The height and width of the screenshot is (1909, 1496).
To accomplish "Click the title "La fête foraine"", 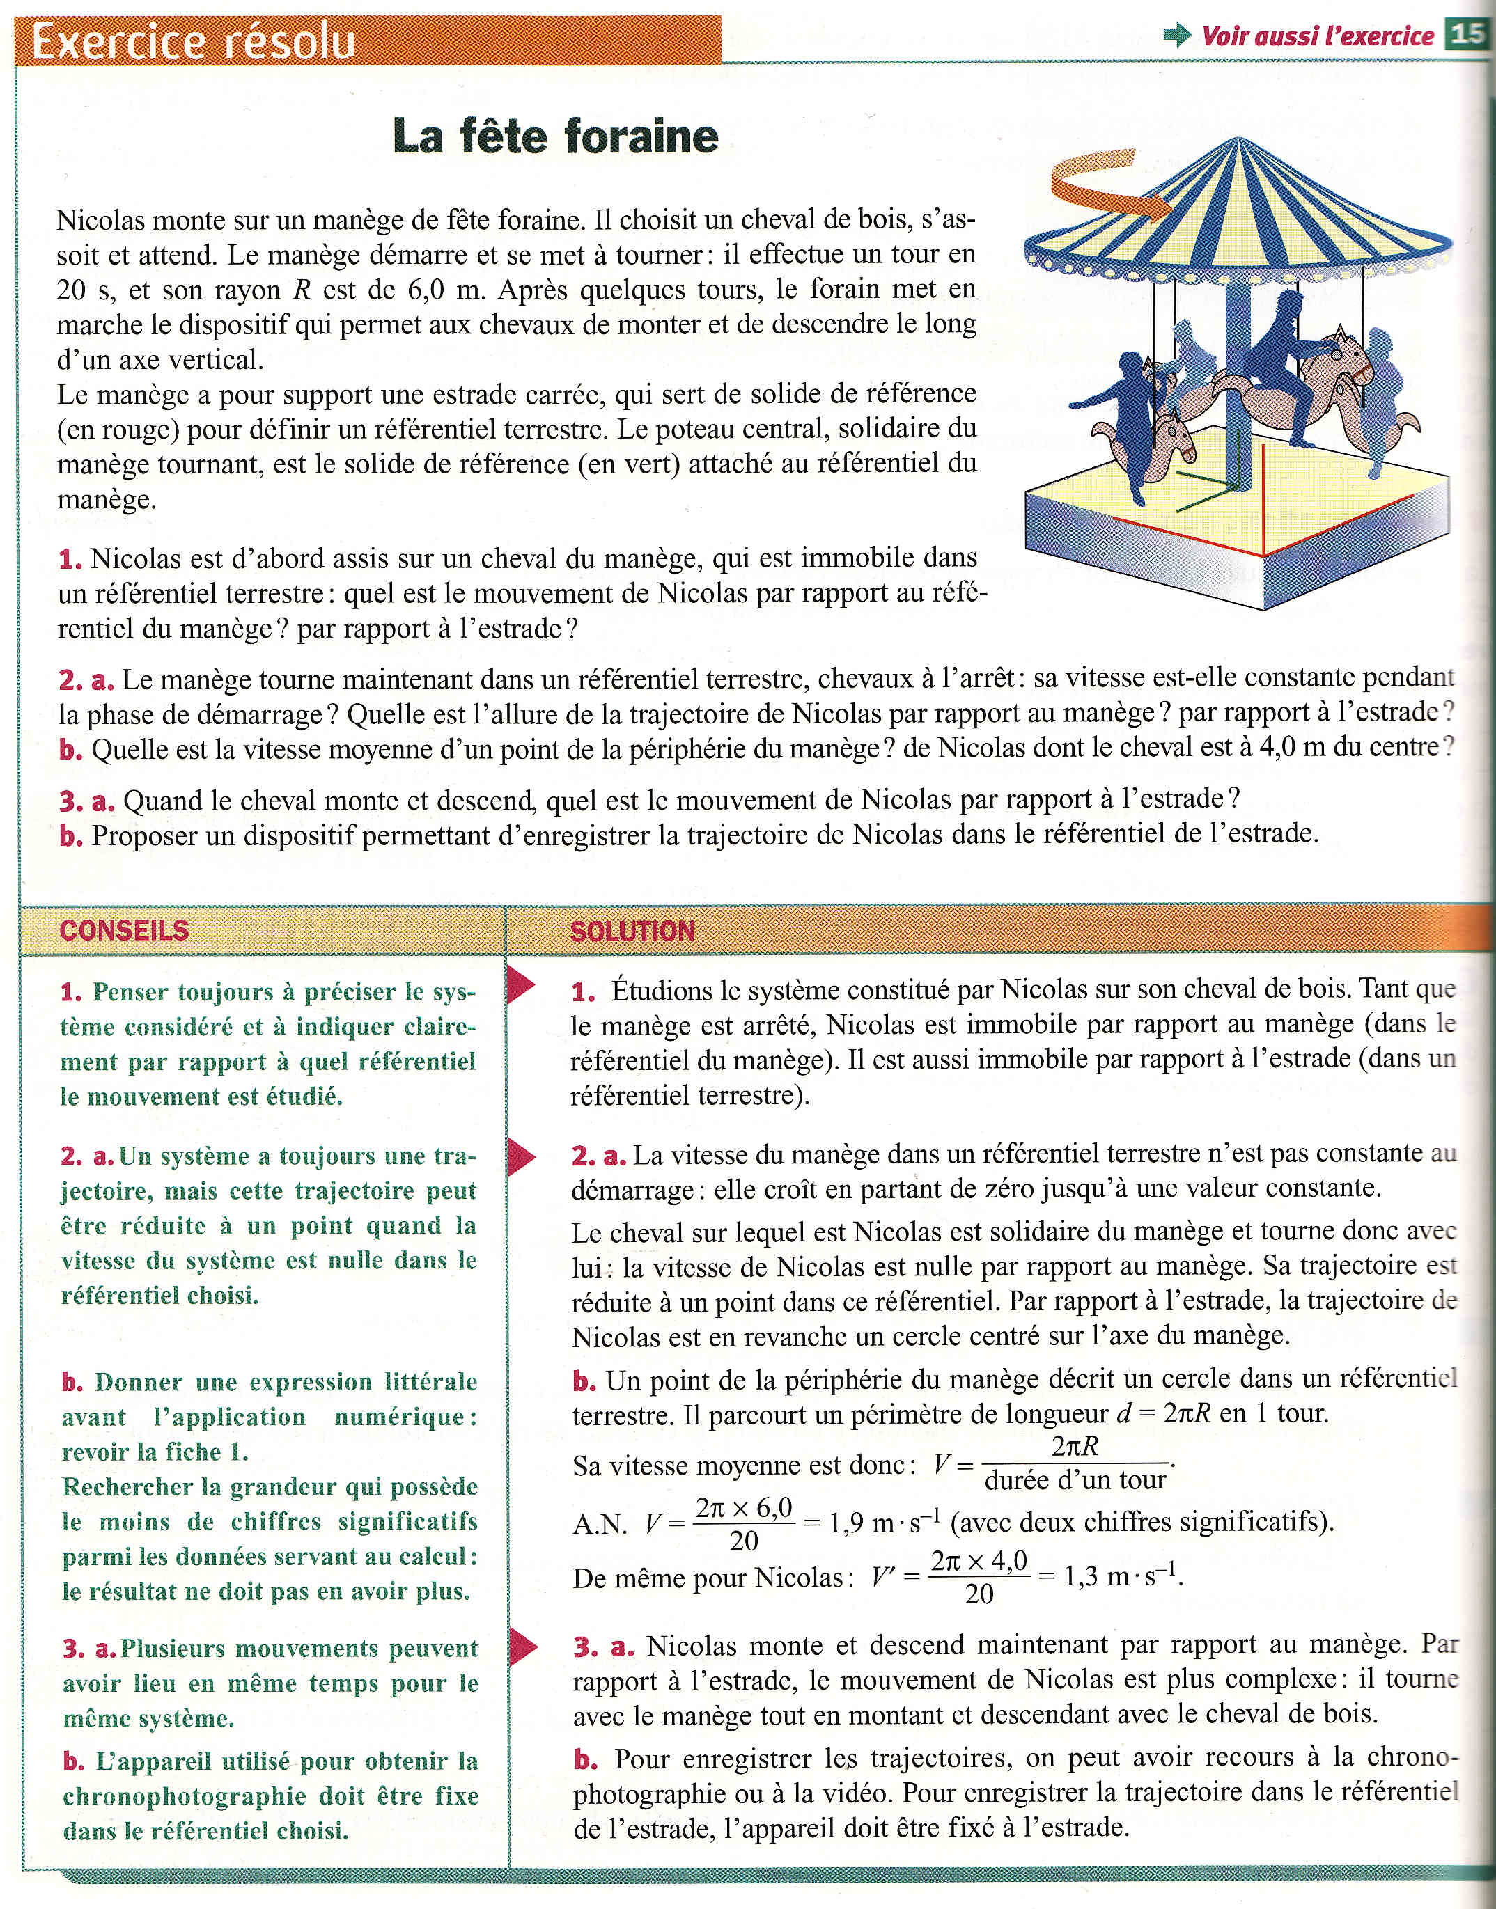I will tap(555, 136).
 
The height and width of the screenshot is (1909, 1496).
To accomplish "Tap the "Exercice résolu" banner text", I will tap(193, 40).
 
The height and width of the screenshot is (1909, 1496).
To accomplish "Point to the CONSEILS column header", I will tap(125, 930).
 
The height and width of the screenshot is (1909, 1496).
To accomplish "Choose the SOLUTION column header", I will tap(632, 931).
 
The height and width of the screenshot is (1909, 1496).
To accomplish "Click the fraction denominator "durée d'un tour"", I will tap(1075, 1480).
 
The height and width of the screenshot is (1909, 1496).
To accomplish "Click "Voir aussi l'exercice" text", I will tap(1317, 36).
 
